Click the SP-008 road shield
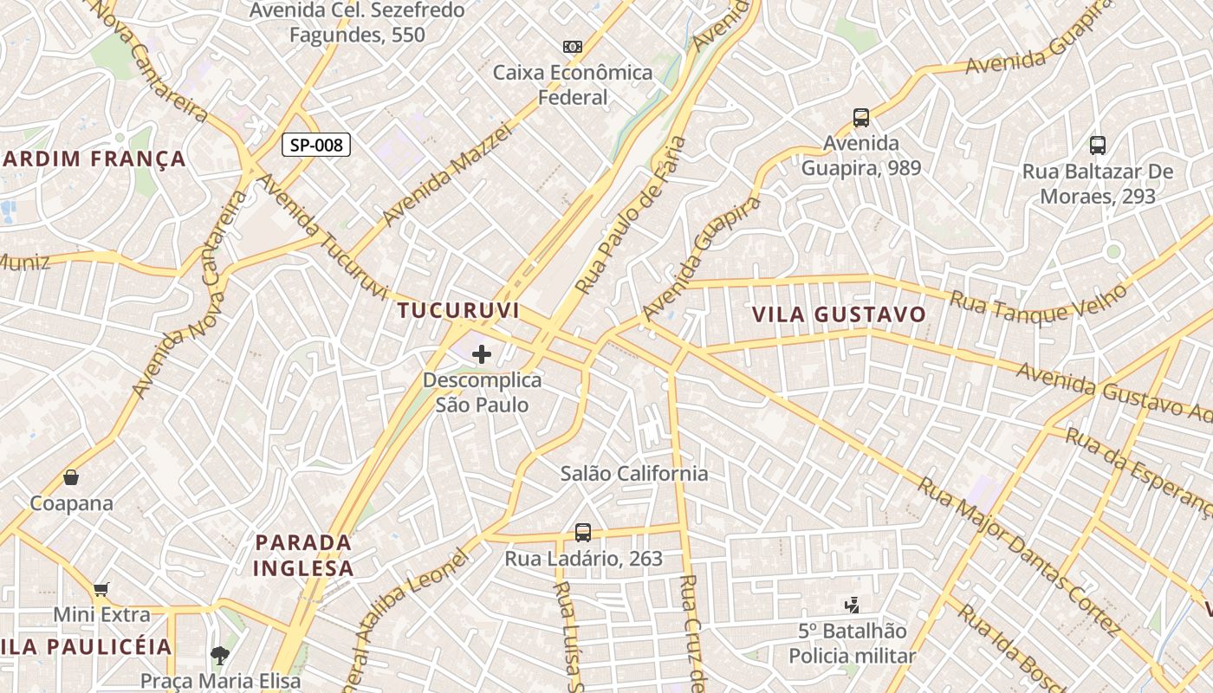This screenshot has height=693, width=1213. (x=316, y=145)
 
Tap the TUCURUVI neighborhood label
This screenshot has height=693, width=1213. (x=458, y=310)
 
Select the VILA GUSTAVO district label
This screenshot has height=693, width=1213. (x=839, y=314)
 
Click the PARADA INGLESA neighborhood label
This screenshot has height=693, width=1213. (x=305, y=555)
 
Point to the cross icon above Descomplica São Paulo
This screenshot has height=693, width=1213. (x=482, y=353)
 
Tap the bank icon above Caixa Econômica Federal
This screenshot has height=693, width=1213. (x=572, y=47)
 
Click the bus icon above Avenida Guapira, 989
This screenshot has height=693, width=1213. (x=860, y=117)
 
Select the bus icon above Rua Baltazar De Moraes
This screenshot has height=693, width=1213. (x=1098, y=145)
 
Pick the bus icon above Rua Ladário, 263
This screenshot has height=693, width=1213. (x=583, y=532)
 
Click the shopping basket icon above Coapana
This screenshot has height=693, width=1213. (x=71, y=477)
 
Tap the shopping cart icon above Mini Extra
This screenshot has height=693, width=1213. (x=101, y=590)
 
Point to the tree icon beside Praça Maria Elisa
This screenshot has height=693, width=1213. (x=221, y=656)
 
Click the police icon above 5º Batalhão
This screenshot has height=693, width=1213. (x=852, y=606)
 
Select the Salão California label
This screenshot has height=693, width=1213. (x=634, y=473)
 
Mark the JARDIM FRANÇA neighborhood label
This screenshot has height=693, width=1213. (x=94, y=159)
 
